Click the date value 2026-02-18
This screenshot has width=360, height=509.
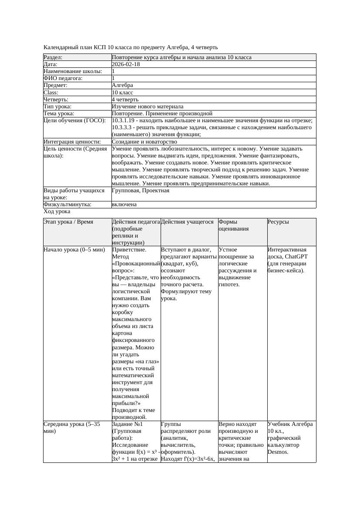126,64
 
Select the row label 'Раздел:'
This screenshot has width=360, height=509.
53,57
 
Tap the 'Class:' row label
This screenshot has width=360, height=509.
51,93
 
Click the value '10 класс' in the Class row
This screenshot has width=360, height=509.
122,93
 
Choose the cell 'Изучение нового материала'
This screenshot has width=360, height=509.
147,107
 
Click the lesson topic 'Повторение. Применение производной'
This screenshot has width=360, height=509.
162,114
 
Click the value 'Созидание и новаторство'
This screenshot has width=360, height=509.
144,142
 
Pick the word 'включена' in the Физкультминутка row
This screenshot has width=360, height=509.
124,204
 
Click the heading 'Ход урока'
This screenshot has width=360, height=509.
57,211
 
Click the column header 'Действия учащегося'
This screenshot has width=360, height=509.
187,222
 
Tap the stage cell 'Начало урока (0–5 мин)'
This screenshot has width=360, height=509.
72,250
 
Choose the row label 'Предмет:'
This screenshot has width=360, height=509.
55,85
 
